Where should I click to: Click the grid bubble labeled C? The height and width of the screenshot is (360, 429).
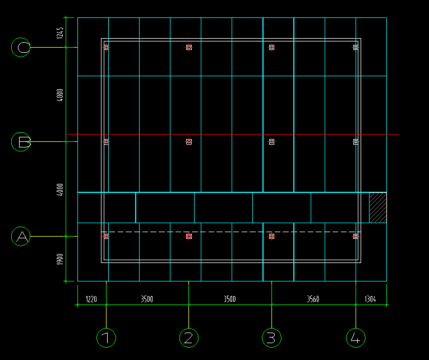21,48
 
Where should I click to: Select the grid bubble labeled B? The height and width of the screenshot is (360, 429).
21,142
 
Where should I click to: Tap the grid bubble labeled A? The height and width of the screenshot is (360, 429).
21,237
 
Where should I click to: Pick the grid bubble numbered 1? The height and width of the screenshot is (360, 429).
106,338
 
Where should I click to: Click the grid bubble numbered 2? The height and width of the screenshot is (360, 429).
189,338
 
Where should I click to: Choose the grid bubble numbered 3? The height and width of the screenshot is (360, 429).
272,338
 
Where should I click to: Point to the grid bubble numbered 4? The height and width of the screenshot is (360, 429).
356,338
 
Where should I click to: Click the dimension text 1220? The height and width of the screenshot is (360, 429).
91,299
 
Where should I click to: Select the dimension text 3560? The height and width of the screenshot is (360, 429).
313,299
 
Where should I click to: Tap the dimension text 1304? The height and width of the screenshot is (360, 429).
371,299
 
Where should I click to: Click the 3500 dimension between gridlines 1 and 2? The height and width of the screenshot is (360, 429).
147,299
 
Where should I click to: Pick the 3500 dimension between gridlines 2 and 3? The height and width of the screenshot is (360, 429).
230,299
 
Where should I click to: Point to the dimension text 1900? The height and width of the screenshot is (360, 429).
61,259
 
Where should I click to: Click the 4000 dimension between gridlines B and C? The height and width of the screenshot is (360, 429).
61,94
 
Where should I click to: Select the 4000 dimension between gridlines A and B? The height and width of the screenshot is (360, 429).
61,190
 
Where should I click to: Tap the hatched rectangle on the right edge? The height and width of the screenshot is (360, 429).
377,207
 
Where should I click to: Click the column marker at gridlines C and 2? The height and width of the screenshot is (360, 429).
189,48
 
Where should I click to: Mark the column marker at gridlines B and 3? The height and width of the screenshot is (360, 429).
272,142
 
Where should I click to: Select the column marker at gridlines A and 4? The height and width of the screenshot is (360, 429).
356,237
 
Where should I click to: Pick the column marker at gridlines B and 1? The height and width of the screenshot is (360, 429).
106,142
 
